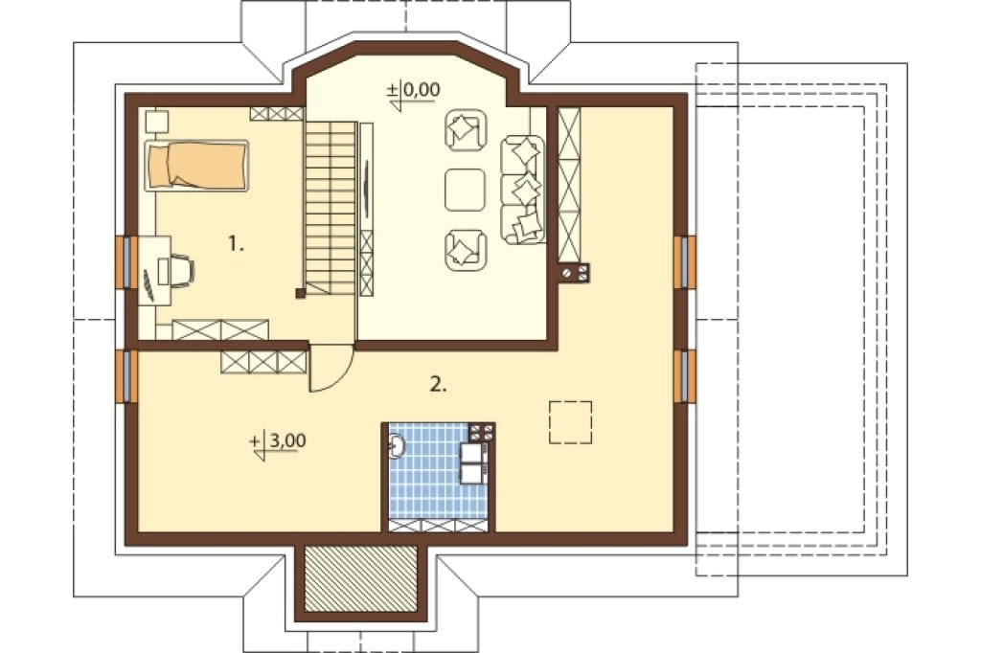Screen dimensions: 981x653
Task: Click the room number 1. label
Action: (236, 243)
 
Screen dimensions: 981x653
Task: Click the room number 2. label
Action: (438, 384)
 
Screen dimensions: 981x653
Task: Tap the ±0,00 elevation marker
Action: (414, 95)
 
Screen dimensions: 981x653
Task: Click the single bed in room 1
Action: (196, 165)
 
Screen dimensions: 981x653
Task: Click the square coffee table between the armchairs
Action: (465, 190)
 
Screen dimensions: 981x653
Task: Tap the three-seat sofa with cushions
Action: (522, 189)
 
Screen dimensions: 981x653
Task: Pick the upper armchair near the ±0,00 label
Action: (466, 131)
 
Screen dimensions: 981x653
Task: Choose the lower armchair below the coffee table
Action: (466, 250)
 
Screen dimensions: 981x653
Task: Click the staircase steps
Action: (331, 208)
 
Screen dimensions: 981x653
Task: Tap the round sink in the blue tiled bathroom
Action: (396, 446)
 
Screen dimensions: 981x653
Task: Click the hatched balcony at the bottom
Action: (360, 578)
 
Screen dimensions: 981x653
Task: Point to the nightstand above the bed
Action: (156, 122)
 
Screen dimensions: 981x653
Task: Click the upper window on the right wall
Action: (685, 262)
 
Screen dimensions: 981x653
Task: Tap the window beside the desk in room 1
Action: (125, 262)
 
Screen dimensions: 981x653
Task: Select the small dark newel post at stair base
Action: (300, 293)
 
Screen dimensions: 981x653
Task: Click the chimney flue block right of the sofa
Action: (575, 273)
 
